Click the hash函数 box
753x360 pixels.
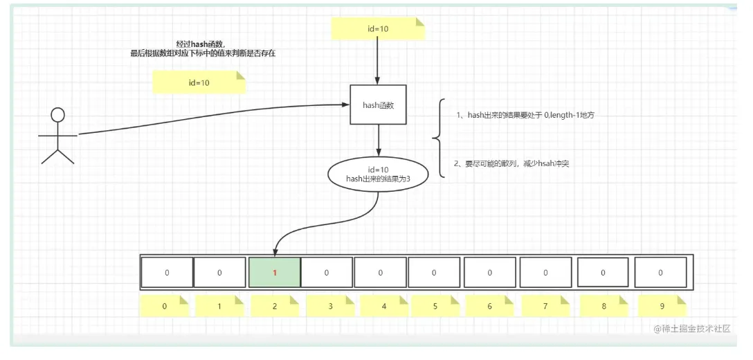[x=378, y=105]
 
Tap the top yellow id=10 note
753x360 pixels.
[x=377, y=28]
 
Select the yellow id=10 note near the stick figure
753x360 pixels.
[x=199, y=82]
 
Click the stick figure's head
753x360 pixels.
[x=58, y=115]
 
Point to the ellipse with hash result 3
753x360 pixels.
[x=379, y=174]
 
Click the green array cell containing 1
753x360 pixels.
[x=275, y=272]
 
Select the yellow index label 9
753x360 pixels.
[x=660, y=305]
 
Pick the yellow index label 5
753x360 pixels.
[x=435, y=305]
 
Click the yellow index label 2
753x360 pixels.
[x=275, y=305]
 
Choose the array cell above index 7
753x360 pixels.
[x=545, y=272]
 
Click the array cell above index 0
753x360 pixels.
[x=167, y=272]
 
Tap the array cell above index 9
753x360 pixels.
[x=660, y=272]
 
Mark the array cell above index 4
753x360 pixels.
[x=381, y=272]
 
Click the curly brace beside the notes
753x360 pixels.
[x=438, y=139]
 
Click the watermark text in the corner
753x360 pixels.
[x=691, y=329]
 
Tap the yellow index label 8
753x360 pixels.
[x=603, y=305]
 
